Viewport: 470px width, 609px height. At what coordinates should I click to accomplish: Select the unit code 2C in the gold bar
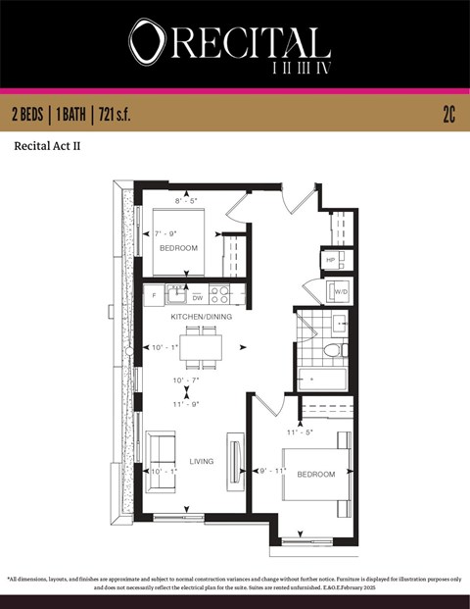[448, 115]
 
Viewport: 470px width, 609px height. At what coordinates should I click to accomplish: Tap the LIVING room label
[201, 461]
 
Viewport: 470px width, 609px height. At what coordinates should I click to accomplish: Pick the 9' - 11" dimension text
[270, 472]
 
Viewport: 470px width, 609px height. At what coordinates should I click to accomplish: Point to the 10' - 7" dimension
[187, 381]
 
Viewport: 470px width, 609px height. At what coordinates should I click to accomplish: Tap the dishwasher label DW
[197, 297]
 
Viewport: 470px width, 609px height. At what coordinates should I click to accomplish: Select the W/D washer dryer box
[339, 291]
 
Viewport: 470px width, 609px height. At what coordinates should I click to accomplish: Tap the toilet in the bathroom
[334, 349]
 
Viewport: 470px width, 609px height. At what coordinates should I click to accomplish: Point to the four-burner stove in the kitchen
[220, 292]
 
